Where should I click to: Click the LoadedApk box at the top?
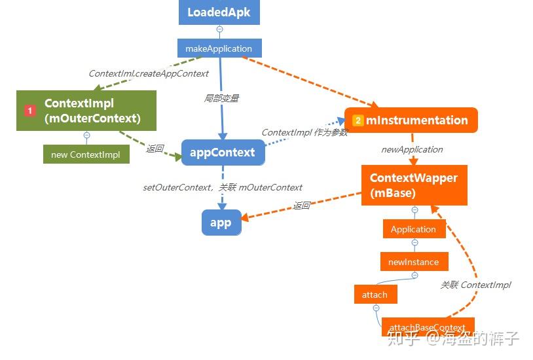pos(219,12)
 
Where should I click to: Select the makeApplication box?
pos(219,48)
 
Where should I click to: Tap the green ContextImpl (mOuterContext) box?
pos(86,111)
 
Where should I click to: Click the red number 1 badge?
pos(29,111)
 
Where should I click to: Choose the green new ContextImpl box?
pos(86,154)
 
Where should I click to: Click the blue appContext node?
pos(223,153)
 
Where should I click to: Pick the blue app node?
pos(221,223)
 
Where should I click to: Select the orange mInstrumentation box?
pos(411,120)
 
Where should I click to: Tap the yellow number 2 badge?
pos(358,120)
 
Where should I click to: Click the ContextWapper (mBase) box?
pos(414,185)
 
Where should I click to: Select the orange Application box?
pos(413,229)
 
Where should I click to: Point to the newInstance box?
pos(413,262)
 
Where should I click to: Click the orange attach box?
pos(375,295)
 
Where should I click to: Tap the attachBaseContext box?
pos(427,327)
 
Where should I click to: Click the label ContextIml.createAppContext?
pos(149,73)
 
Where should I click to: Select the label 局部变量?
pos(221,98)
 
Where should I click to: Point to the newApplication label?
pos(412,149)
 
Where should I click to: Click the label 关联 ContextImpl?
pos(475,285)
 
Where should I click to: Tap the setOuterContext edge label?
pos(222,187)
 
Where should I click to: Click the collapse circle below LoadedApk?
pos(219,29)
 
